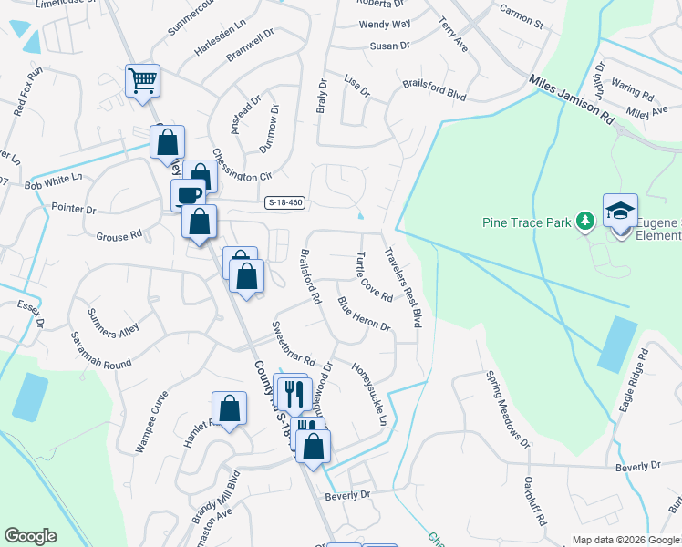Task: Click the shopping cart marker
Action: (x=142, y=81)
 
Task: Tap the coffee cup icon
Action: (x=189, y=195)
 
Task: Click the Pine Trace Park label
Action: (x=526, y=222)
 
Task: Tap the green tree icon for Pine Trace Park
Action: (x=585, y=221)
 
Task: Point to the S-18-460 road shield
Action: (x=284, y=202)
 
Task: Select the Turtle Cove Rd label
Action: (x=375, y=277)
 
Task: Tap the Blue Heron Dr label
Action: (x=364, y=314)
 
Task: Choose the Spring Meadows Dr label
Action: (x=507, y=409)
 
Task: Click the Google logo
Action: (x=30, y=536)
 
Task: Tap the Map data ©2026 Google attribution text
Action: (x=625, y=539)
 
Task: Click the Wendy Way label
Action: (x=385, y=24)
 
